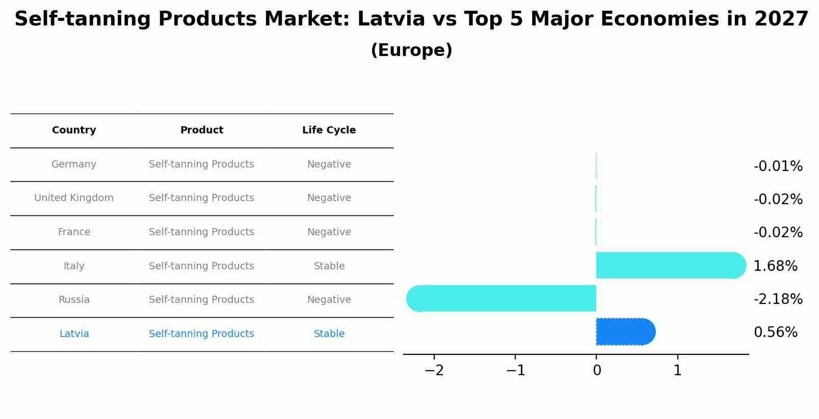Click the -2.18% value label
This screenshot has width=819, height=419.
[778, 299]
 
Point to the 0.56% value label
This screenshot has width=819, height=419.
[775, 332]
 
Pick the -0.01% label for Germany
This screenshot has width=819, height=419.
[778, 166]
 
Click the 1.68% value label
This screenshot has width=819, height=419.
[775, 266]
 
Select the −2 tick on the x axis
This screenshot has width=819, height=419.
[434, 371]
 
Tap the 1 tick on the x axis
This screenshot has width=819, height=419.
[677, 371]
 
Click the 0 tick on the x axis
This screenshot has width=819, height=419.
[597, 371]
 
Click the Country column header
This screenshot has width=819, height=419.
[74, 130]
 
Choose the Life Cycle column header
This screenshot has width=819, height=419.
[329, 130]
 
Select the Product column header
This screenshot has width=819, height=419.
[201, 130]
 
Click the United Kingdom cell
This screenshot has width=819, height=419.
[74, 198]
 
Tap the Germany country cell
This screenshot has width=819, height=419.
[74, 164]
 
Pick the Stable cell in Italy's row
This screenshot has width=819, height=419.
[329, 266]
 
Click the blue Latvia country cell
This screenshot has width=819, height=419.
[74, 334]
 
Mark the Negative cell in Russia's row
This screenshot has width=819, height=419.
[329, 300]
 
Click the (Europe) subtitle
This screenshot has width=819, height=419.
[411, 50]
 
